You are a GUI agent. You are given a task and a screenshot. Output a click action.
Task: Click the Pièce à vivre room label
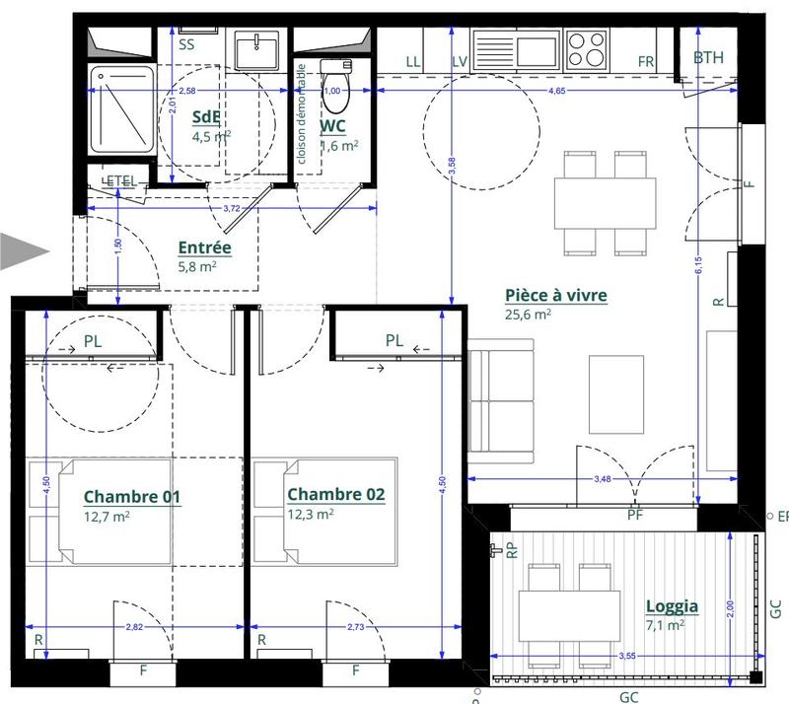[555, 295]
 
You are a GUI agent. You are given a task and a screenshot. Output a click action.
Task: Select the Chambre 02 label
[335, 494]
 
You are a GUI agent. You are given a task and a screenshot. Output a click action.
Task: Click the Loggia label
[672, 606]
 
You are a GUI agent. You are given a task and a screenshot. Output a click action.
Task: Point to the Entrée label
[204, 247]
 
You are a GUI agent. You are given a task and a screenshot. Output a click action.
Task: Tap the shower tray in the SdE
[121, 109]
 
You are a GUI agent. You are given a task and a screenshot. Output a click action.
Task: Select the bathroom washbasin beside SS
[259, 47]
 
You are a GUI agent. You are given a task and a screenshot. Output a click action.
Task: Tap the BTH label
[708, 58]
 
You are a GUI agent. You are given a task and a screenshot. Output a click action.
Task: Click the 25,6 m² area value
[528, 316]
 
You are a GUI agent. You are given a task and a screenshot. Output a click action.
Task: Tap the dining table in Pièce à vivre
[605, 201]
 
